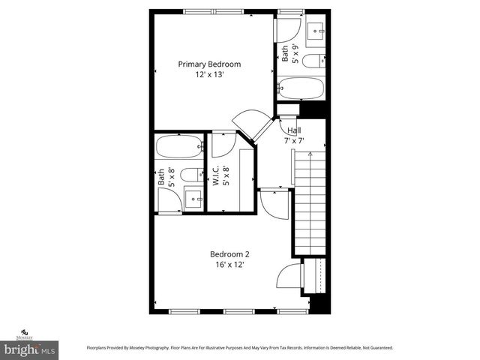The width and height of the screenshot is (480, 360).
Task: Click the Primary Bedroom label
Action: pyautogui.click(x=209, y=64)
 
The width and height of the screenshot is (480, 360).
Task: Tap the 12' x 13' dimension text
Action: pyautogui.click(x=209, y=76)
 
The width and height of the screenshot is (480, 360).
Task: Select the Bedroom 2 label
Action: pyautogui.click(x=229, y=253)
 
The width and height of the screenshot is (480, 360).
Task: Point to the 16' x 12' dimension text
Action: pyautogui.click(x=229, y=265)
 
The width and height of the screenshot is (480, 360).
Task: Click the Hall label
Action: pyautogui.click(x=294, y=130)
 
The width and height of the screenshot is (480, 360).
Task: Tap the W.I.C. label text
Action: pyautogui.click(x=214, y=176)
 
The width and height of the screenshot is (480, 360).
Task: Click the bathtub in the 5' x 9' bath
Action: pyautogui.click(x=300, y=89)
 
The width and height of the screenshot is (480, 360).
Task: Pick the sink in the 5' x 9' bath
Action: pyautogui.click(x=315, y=30)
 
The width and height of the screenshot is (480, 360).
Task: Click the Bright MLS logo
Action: pyautogui.click(x=30, y=349)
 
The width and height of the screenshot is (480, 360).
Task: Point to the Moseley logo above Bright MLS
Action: pyautogui.click(x=25, y=334)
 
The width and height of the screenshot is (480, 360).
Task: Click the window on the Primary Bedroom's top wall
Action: pyautogui.click(x=209, y=11)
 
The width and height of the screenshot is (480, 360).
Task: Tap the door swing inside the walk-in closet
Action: pyautogui.click(x=223, y=144)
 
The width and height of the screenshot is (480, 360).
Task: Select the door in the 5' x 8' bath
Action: pyautogui.click(x=169, y=200)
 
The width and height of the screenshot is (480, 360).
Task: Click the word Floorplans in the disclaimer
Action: pyautogui.click(x=100, y=348)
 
